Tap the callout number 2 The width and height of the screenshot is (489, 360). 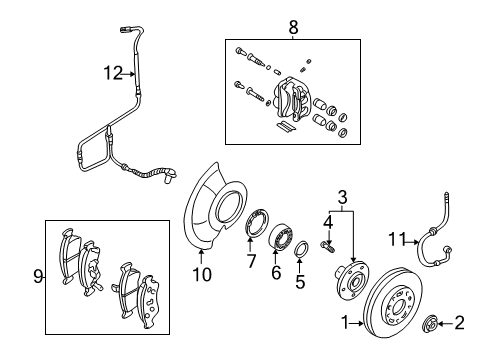(460, 323)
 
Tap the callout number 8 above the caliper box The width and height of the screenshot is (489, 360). (292, 30)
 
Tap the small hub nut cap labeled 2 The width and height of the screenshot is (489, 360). (435, 323)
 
